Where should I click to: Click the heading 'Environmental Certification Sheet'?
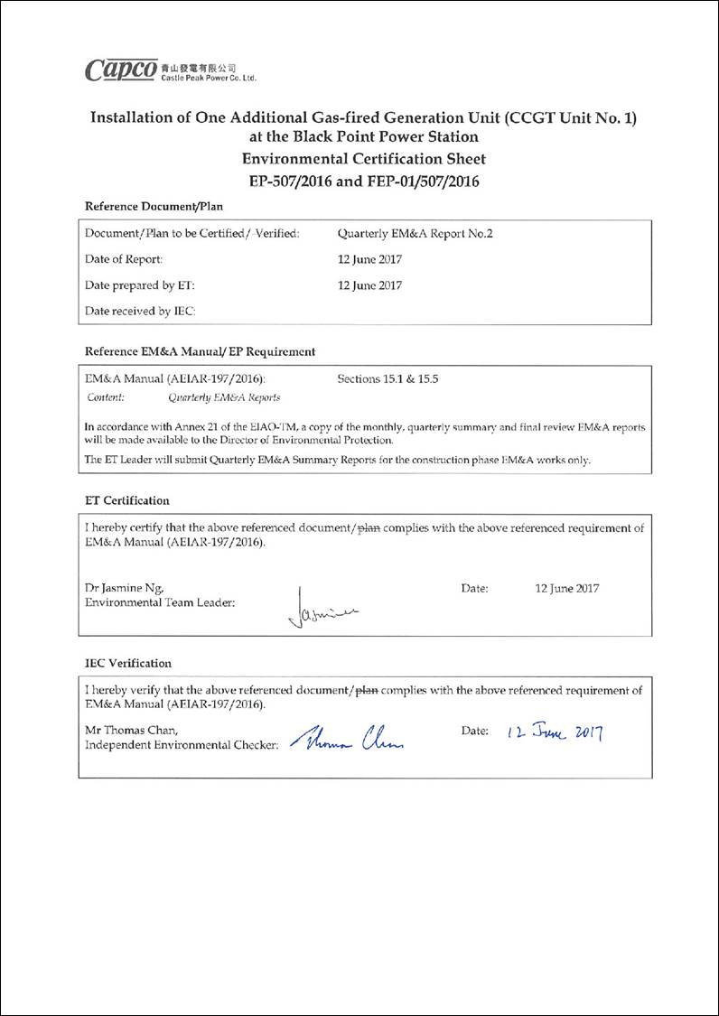click(x=363, y=159)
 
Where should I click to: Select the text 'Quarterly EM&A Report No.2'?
click(x=415, y=234)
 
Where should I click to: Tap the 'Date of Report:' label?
click(x=124, y=260)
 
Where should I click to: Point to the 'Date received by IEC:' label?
click(x=140, y=312)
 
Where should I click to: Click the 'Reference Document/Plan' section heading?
click(x=154, y=207)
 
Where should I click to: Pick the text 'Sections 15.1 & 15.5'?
click(x=388, y=379)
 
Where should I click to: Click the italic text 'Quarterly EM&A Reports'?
click(x=224, y=397)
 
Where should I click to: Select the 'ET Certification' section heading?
click(x=127, y=500)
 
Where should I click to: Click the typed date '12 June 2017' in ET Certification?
click(x=567, y=589)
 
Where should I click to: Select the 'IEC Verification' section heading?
click(x=128, y=663)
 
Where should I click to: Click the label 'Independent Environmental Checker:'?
click(x=182, y=745)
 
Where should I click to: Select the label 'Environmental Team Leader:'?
click(x=160, y=602)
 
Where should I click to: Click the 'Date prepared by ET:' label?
click(x=140, y=285)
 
